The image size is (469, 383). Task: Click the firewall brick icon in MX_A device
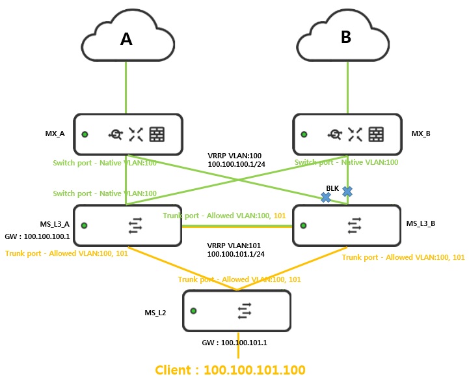[157, 134]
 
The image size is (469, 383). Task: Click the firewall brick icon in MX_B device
[376, 134]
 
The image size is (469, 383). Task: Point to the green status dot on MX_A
[85, 134]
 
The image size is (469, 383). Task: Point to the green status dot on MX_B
[304, 134]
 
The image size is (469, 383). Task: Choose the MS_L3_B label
[422, 223]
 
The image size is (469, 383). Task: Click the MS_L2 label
[155, 313]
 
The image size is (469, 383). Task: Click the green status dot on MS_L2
[193, 310]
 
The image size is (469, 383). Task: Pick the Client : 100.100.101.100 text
[230, 370]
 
